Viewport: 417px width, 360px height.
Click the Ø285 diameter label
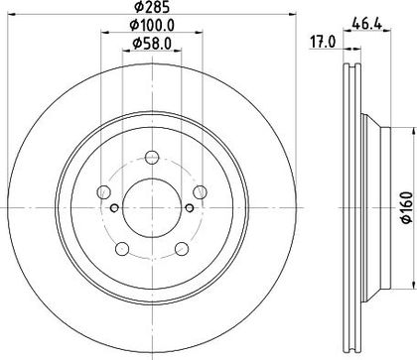click(152, 7)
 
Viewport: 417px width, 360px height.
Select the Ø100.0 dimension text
click(152, 25)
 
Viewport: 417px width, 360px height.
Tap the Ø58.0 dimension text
click(152, 44)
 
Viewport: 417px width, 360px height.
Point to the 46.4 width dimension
click(367, 24)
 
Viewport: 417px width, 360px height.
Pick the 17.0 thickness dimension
click(323, 42)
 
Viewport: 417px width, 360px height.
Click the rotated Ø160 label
click(407, 207)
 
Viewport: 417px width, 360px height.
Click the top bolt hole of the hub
click(152, 157)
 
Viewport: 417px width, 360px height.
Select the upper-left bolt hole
click(103, 191)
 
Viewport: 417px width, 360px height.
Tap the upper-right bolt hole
click(200, 191)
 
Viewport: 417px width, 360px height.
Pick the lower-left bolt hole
click(122, 249)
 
